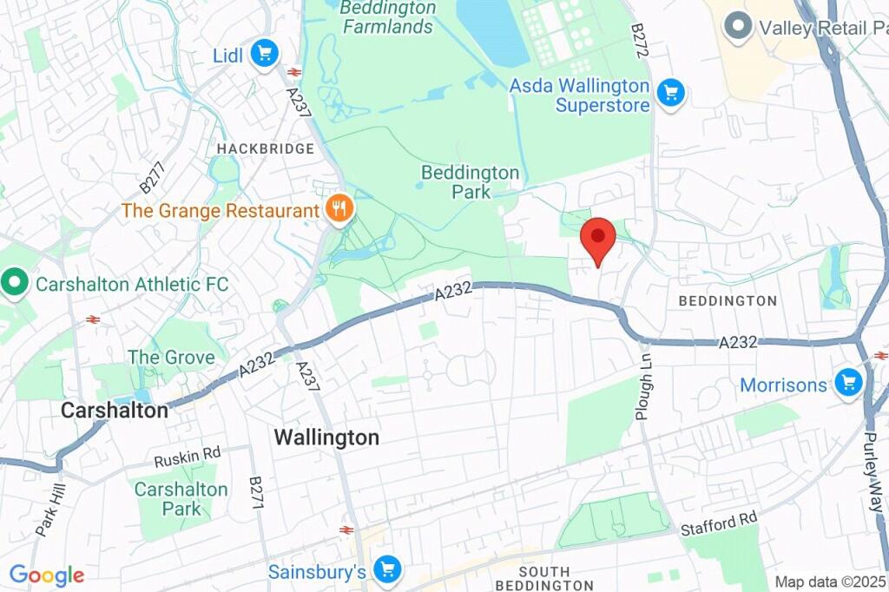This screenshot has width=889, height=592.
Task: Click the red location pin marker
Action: click(x=597, y=239)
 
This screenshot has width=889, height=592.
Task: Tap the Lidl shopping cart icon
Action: click(x=265, y=55)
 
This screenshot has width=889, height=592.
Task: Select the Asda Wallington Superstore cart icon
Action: click(x=670, y=93)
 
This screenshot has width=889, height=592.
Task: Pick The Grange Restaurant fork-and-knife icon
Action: click(x=339, y=208)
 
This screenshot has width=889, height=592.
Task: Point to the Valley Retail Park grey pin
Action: click(x=739, y=26)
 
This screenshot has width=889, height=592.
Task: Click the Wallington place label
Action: click(x=326, y=437)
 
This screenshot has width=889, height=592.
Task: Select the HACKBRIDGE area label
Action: click(x=265, y=148)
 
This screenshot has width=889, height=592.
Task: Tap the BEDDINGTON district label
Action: click(x=728, y=301)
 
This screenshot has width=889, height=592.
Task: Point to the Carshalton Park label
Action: click(x=181, y=499)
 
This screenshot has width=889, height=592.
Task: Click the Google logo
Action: click(x=46, y=575)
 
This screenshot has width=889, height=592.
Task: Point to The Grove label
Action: click(x=171, y=357)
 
